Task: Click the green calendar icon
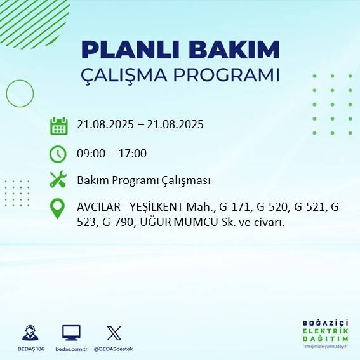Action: (58, 125)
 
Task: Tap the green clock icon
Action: (58, 154)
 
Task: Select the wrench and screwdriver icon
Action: (58, 180)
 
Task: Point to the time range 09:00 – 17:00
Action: (112, 153)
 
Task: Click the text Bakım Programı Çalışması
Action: (143, 180)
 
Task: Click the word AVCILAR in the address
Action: (98, 207)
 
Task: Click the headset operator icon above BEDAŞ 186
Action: (30, 332)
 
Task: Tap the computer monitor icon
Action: (71, 332)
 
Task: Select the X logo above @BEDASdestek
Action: (114, 332)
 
